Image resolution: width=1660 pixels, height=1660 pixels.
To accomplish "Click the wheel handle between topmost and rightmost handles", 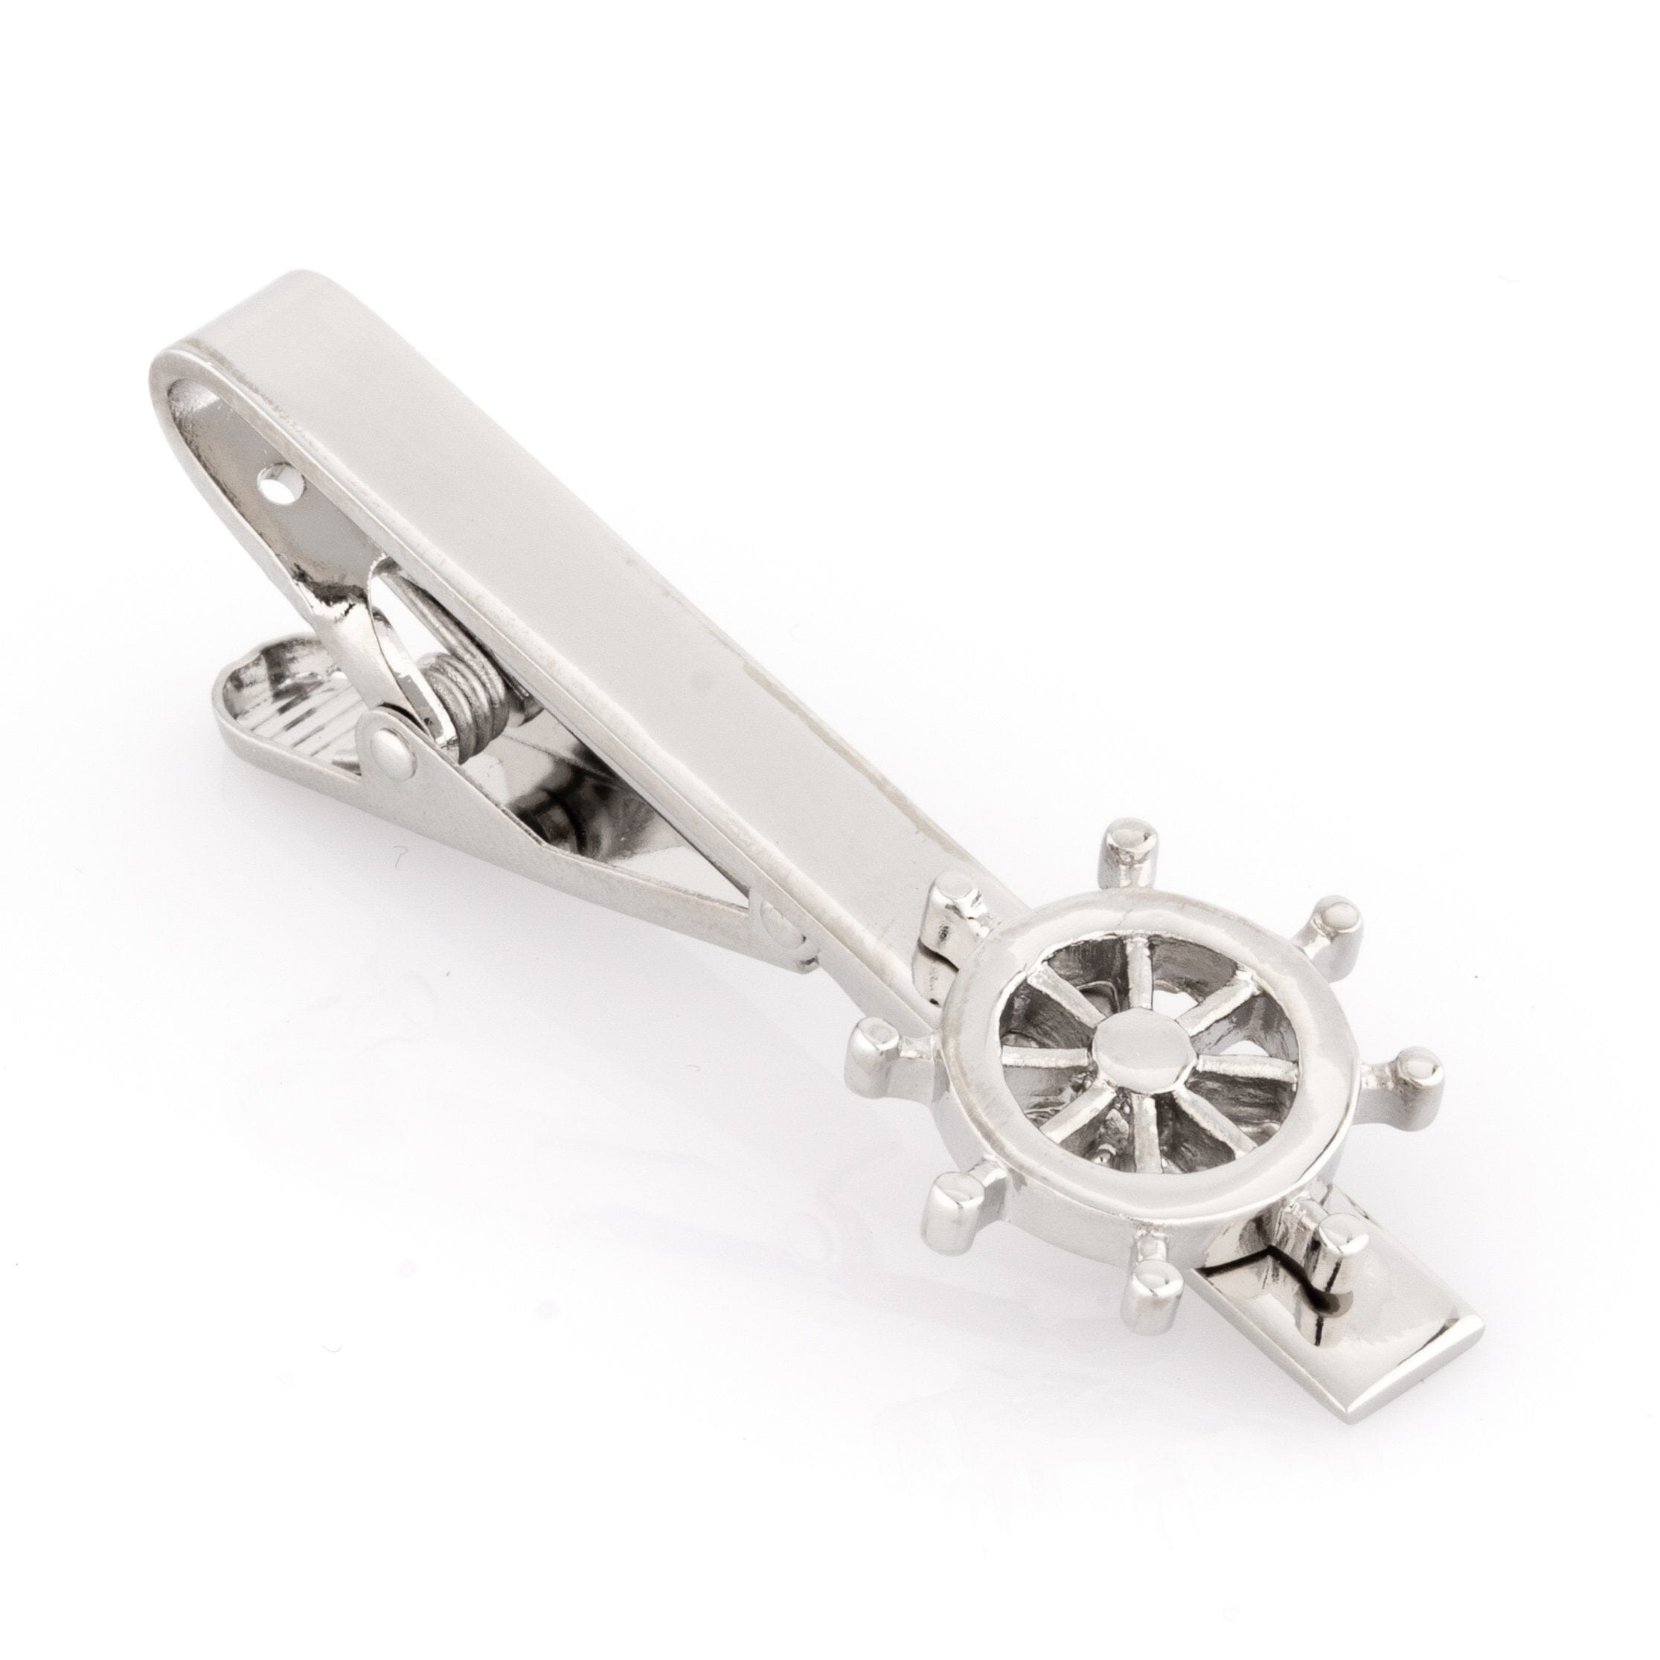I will [1336, 920].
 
